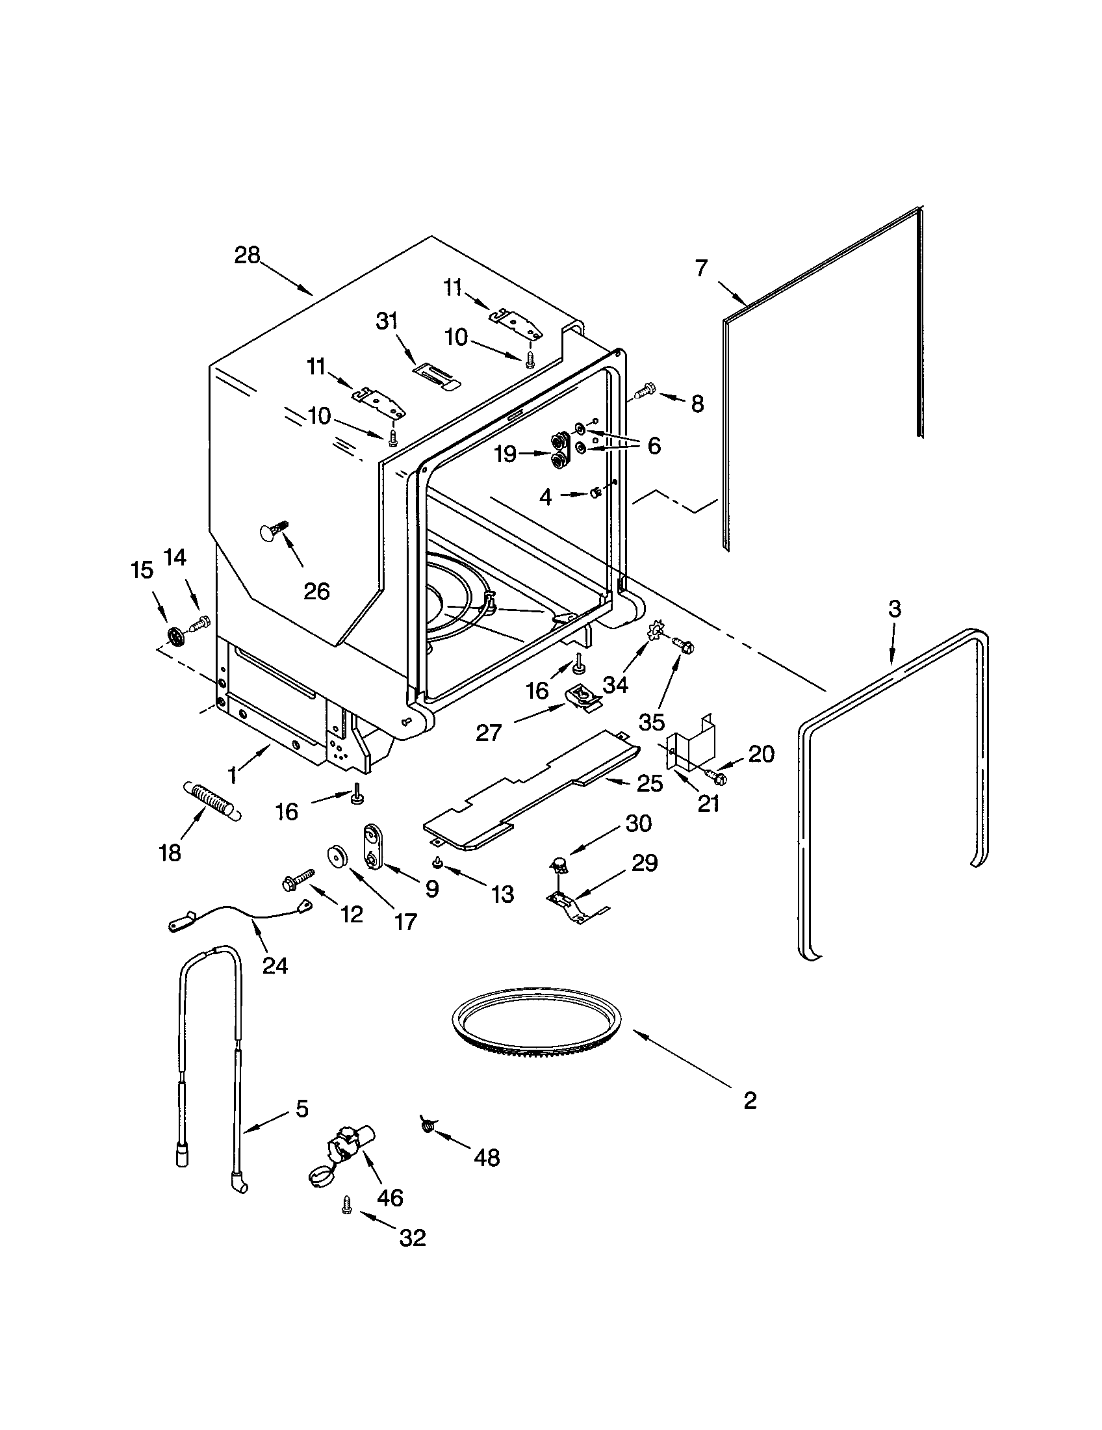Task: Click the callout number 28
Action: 248,255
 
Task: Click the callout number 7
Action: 701,268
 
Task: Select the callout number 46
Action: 390,1197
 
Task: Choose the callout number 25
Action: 650,783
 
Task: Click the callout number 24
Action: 275,965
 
